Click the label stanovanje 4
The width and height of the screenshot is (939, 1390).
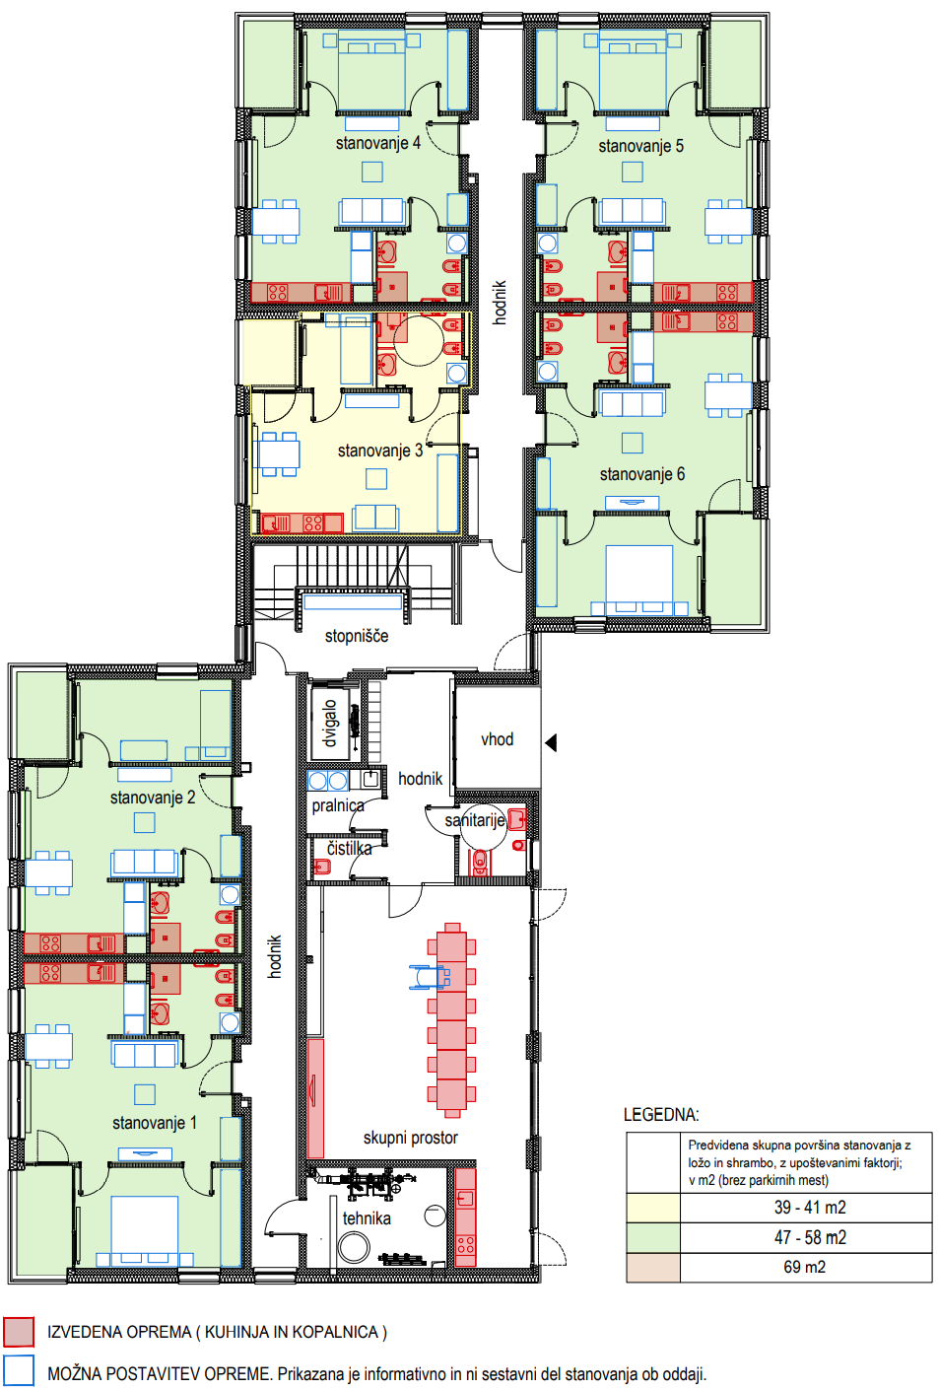[x=377, y=143]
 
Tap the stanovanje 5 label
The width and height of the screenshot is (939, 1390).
[x=640, y=147]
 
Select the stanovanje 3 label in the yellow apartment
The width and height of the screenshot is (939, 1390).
[x=380, y=451]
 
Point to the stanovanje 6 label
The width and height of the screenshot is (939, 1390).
[x=641, y=475]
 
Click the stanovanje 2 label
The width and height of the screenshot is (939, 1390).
[x=153, y=798]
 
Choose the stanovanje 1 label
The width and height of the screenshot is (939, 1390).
[x=155, y=1123]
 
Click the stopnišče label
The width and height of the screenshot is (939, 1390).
[x=357, y=636]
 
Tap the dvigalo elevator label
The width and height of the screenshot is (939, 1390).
[x=330, y=724]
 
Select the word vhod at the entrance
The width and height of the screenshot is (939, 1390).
[x=498, y=739]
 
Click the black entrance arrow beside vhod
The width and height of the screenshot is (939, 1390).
[x=551, y=742]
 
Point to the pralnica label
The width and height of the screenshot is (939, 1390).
[x=338, y=805]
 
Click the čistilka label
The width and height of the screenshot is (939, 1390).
[x=349, y=848]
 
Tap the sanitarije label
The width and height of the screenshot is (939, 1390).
[x=475, y=821]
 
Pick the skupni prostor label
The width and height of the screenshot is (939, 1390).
[x=411, y=1138]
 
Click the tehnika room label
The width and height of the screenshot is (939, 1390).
[x=368, y=1218]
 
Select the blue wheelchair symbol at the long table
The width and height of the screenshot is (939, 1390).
[x=429, y=977]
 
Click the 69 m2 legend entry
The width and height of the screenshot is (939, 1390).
[x=805, y=1267]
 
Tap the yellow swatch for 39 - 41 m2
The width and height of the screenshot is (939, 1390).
[x=653, y=1208]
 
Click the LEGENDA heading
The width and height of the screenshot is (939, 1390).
[x=661, y=1115]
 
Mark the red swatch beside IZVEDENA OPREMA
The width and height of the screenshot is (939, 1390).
[x=19, y=1332]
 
